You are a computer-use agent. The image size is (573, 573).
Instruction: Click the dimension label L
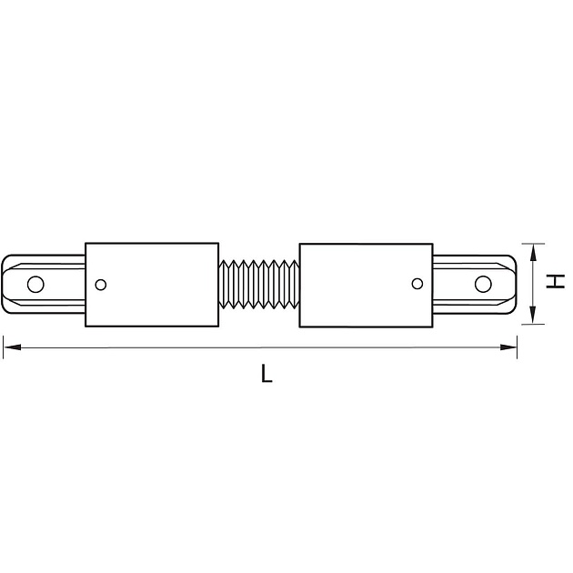(265, 373)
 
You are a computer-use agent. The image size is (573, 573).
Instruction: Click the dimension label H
(556, 282)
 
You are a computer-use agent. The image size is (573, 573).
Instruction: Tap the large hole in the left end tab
(35, 284)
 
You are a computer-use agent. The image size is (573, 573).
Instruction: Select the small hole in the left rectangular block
(100, 284)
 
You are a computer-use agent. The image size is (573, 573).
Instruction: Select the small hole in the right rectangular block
(417, 284)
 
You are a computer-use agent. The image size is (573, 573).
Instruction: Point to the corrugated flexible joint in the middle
(258, 284)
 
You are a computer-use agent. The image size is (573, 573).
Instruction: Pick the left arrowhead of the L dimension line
(8, 344)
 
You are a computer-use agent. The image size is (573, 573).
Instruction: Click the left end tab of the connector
(44, 284)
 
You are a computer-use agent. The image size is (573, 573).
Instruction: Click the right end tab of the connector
(476, 284)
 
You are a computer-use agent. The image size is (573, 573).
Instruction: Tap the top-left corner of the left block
(85, 243)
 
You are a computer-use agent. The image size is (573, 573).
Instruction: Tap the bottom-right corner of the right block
(432, 326)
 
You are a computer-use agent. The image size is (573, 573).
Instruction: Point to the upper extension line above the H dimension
(532, 243)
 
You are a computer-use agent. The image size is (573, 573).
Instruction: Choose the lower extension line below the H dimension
(532, 325)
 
